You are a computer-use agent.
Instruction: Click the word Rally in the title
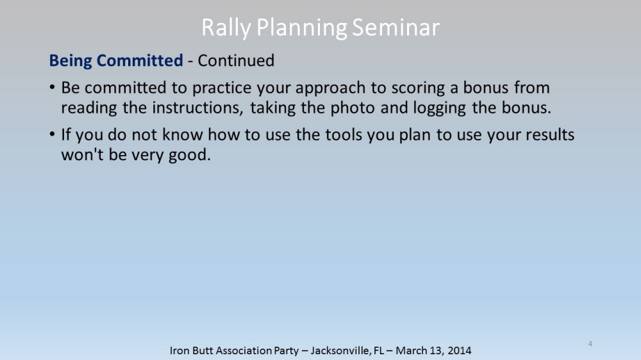point(226,28)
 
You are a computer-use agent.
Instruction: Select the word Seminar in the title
point(395,28)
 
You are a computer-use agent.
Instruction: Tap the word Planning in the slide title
point(302,28)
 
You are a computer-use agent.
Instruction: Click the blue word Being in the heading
point(71,61)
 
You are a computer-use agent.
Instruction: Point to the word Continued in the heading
point(236,60)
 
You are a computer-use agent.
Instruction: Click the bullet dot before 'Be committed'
point(52,87)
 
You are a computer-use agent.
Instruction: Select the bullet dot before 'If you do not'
point(52,134)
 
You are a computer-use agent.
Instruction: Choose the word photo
point(353,108)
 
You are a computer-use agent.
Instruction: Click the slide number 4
point(590,343)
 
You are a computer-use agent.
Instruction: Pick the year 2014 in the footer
point(460,350)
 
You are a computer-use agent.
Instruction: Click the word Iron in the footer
point(179,350)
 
